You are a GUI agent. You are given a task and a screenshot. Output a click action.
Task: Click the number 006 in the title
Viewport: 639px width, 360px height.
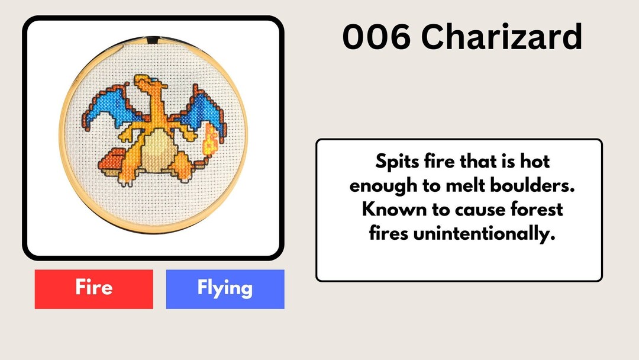(376, 37)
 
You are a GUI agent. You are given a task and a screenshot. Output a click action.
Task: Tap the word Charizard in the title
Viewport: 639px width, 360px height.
(502, 37)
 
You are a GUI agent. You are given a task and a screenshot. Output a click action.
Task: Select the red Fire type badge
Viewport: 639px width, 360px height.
(94, 289)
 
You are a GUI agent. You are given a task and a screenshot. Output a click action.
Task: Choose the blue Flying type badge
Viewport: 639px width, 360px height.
(225, 289)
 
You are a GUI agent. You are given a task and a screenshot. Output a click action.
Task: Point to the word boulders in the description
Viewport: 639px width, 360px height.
(535, 185)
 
